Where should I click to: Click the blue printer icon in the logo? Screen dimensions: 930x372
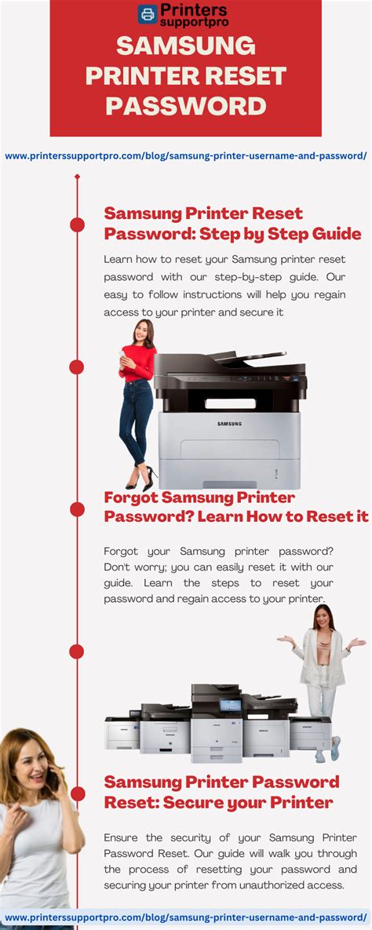[148, 14]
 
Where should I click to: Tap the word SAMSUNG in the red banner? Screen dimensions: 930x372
[186, 47]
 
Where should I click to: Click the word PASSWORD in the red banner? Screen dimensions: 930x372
[186, 106]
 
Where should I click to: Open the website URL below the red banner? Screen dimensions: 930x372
[186, 155]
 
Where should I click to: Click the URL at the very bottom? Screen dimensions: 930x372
[186, 917]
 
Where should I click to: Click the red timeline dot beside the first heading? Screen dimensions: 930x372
[77, 224]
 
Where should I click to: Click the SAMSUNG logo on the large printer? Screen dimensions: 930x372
[229, 425]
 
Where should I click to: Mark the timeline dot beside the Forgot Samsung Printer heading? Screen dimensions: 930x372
[77, 509]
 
